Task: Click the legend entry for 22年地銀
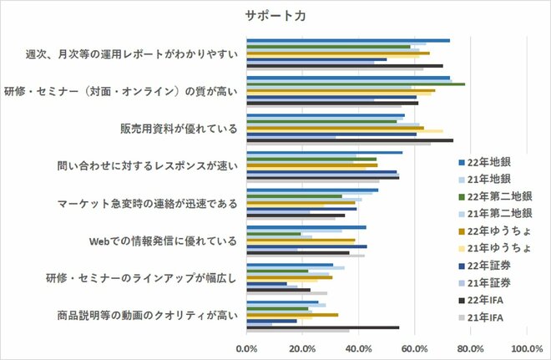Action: click(x=493, y=161)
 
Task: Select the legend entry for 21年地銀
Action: click(x=493, y=179)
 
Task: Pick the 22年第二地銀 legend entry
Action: click(x=499, y=196)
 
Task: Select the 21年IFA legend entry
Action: click(x=493, y=318)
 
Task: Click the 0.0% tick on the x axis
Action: click(x=246, y=347)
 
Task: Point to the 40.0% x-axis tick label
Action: click(x=358, y=347)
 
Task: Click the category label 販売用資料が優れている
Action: click(x=179, y=129)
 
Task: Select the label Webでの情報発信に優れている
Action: click(x=163, y=242)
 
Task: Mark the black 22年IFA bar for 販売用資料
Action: click(x=350, y=140)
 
